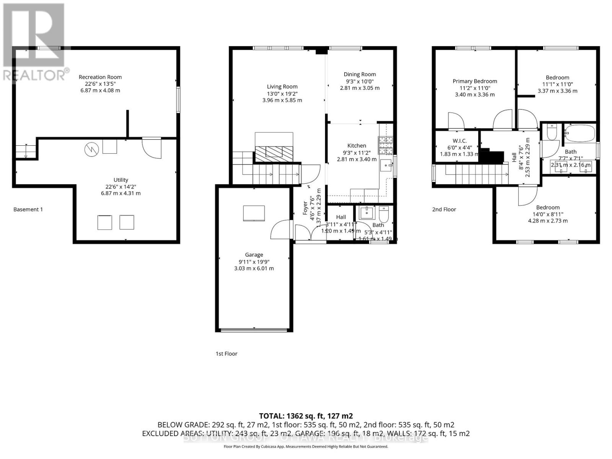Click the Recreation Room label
pyautogui.click(x=100, y=77)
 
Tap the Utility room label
pyautogui.click(x=120, y=180)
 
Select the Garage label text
pyautogui.click(x=254, y=255)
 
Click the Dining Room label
pyautogui.click(x=360, y=74)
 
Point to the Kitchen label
pyautogui.click(x=356, y=145)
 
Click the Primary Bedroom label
pyautogui.click(x=475, y=81)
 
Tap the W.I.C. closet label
pyautogui.click(x=459, y=141)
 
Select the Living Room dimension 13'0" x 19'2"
pyautogui.click(x=282, y=93)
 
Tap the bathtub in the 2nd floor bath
pyautogui.click(x=579, y=133)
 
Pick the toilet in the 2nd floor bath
pyautogui.click(x=552, y=132)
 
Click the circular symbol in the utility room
pyautogui.click(x=91, y=149)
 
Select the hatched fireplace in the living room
pyautogui.click(x=274, y=153)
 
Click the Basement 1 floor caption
pyautogui.click(x=28, y=209)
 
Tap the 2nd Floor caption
pyautogui.click(x=444, y=209)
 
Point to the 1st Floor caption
pyautogui.click(x=226, y=353)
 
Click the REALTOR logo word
pyautogui.click(x=34, y=75)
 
